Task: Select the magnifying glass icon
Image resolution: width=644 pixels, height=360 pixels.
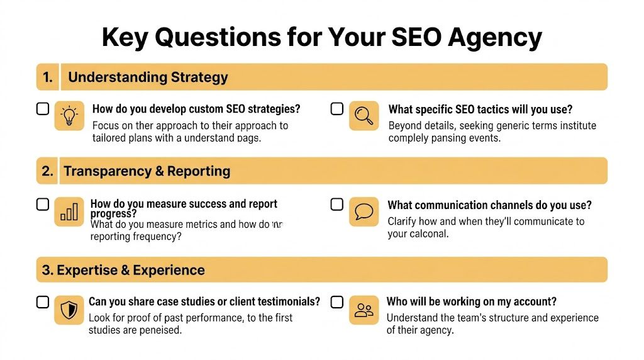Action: [364, 116]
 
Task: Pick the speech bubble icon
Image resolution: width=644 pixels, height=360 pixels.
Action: [364, 212]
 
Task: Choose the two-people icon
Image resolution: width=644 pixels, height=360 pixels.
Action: [364, 309]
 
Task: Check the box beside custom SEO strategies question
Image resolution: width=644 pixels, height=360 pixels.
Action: [42, 109]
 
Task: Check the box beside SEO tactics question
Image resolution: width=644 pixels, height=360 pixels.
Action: [337, 109]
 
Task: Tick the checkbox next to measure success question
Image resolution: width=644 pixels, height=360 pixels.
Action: [42, 205]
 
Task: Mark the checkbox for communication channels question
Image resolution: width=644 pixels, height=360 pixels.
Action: [337, 205]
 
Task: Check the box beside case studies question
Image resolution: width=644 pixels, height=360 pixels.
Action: [42, 302]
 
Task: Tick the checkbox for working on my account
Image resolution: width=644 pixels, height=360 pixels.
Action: [337, 302]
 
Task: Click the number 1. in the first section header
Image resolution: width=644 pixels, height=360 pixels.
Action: [47, 77]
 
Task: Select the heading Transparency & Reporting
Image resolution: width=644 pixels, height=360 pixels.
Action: [147, 171]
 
